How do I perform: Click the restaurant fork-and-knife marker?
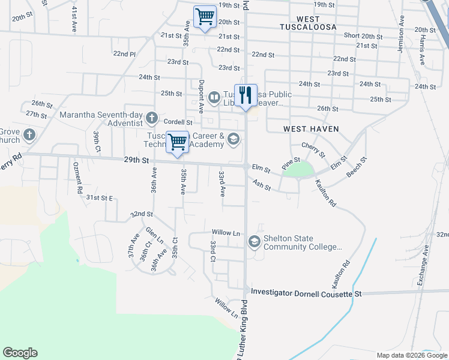click(246, 95)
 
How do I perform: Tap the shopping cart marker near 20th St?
click(205, 17)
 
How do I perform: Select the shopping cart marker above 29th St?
click(177, 143)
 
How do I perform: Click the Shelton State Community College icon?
click(254, 241)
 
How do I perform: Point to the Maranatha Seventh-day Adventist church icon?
click(151, 116)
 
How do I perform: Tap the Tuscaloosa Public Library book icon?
click(214, 97)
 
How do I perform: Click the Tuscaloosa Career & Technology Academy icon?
click(234, 140)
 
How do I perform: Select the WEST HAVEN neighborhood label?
click(311, 129)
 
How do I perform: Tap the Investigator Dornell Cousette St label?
click(307, 293)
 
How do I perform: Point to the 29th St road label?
click(136, 161)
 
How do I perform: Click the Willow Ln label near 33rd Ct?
click(226, 232)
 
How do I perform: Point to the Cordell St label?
click(178, 122)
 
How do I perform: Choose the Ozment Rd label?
click(77, 178)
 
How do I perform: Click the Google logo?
click(20, 353)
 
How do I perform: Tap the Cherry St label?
click(312, 150)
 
